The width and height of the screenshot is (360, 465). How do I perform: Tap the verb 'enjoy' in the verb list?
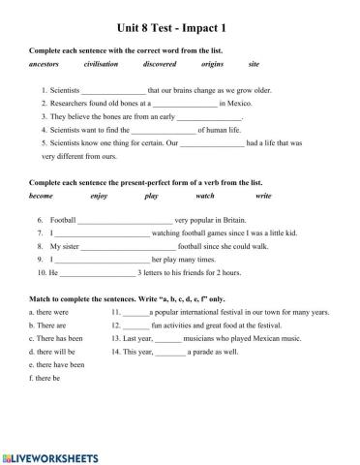[99, 195]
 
